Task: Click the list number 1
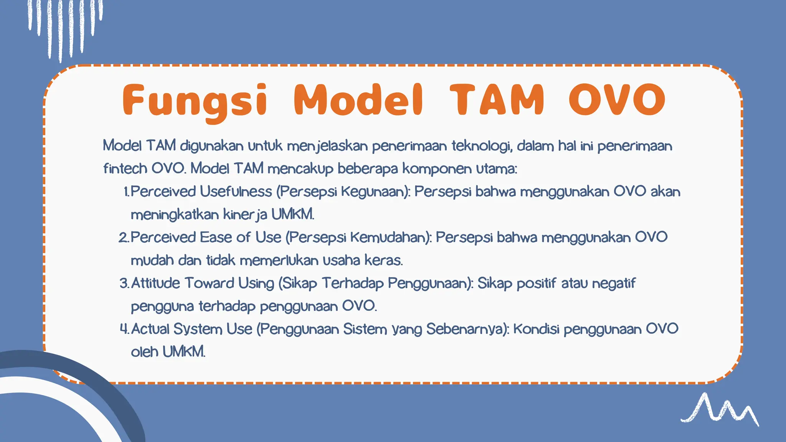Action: tap(126, 192)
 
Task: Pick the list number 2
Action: tap(124, 237)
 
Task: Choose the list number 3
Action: tap(124, 284)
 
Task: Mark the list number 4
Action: tap(124, 329)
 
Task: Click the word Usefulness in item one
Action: tap(236, 191)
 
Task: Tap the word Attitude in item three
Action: tap(155, 283)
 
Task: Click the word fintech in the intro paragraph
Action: tap(125, 168)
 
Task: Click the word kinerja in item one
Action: tap(245, 214)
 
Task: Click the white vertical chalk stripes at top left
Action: tap(65, 27)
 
